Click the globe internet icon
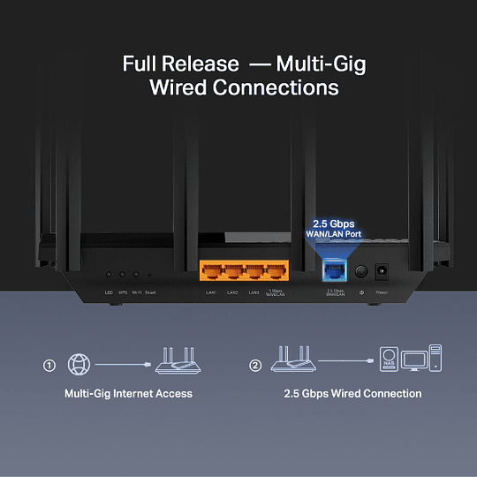[x=79, y=363]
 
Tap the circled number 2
[x=255, y=364]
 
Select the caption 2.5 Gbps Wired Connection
[x=353, y=393]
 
